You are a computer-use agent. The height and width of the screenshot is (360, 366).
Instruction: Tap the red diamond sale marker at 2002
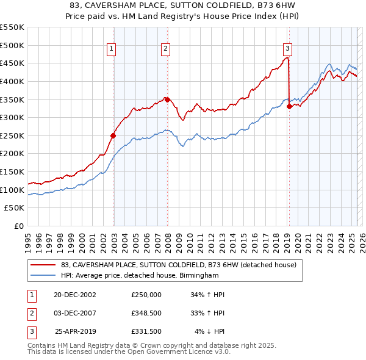point(113,135)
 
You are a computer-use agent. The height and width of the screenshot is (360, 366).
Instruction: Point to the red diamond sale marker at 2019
point(289,106)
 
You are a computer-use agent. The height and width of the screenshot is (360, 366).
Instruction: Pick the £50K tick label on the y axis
point(15,208)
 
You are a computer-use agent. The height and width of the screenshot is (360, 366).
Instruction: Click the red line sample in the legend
point(43,265)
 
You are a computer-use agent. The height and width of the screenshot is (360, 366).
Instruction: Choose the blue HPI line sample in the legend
point(43,275)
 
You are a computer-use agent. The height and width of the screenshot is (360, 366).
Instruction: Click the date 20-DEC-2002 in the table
point(76,295)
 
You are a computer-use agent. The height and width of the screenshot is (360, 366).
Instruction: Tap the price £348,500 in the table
point(146,314)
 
